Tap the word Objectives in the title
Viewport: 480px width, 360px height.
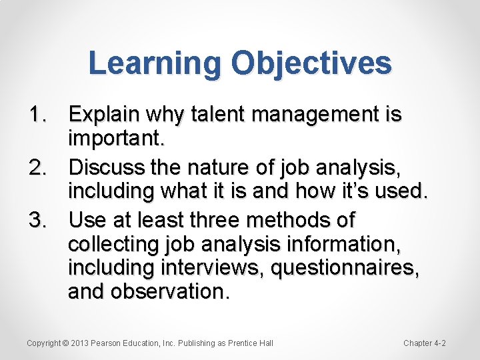[311, 64]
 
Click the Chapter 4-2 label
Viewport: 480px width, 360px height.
[424, 343]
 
